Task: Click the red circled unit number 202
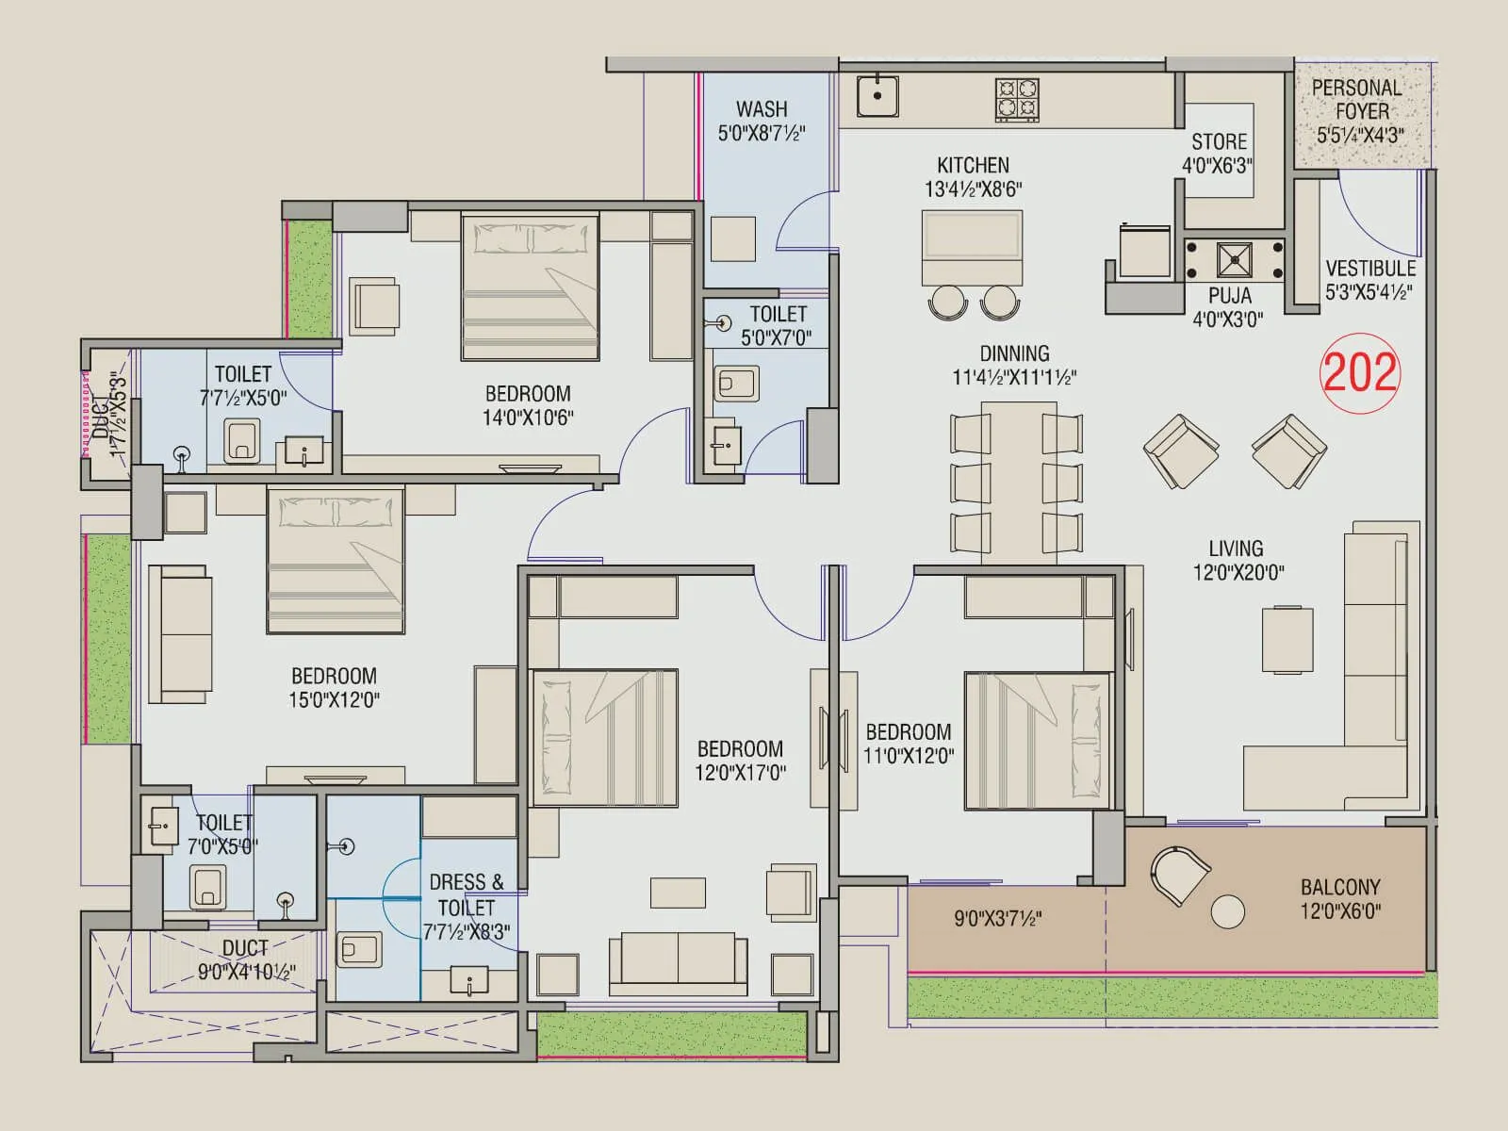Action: coord(1359,372)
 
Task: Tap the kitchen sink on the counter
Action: coord(877,96)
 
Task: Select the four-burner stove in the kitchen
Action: coord(1017,99)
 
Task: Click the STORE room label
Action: coord(1219,142)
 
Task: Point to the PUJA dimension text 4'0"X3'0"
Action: coord(1227,320)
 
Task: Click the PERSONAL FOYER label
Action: coord(1360,99)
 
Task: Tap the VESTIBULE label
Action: coord(1370,269)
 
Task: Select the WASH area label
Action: coord(762,109)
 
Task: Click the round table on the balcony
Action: coord(1227,911)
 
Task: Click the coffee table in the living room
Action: coord(1287,639)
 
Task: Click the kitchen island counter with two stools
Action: coord(972,248)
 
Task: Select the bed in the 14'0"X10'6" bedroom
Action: coord(530,287)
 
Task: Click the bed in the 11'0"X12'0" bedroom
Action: coord(1037,740)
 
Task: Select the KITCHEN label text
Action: coord(973,166)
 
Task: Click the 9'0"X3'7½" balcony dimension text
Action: coord(997,918)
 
